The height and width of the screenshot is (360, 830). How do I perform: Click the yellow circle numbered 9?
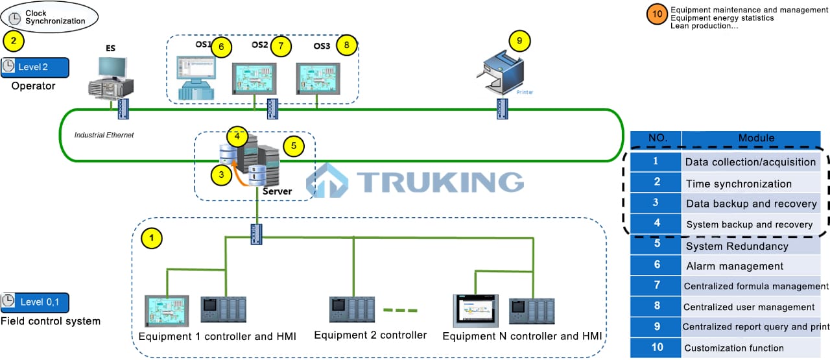(519, 41)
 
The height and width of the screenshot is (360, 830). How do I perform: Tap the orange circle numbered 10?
(658, 14)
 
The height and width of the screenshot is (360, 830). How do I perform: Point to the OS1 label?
(203, 45)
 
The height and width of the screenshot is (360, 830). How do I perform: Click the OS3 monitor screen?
(317, 78)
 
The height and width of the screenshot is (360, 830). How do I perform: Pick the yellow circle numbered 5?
(293, 146)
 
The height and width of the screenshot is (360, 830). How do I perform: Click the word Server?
(277, 191)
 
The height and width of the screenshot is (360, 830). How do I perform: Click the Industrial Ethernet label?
(104, 135)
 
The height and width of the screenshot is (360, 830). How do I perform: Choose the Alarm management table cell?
(735, 266)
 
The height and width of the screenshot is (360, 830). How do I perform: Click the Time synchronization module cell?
(739, 184)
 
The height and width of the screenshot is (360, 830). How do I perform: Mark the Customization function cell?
(734, 348)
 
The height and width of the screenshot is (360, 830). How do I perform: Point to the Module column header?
(756, 138)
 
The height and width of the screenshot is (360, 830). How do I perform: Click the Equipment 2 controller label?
(370, 335)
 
